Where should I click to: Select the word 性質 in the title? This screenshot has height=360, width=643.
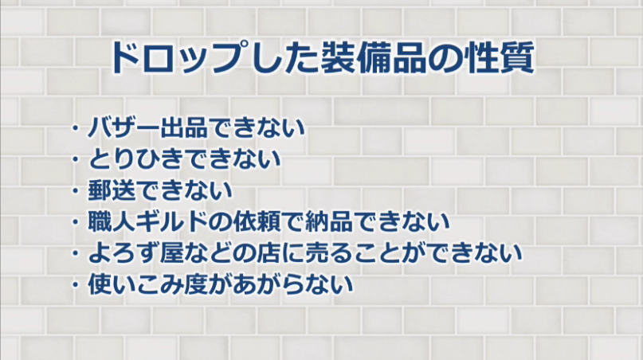(498, 58)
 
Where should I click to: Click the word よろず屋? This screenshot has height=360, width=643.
(131, 252)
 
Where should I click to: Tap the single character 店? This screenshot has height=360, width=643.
(270, 252)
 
